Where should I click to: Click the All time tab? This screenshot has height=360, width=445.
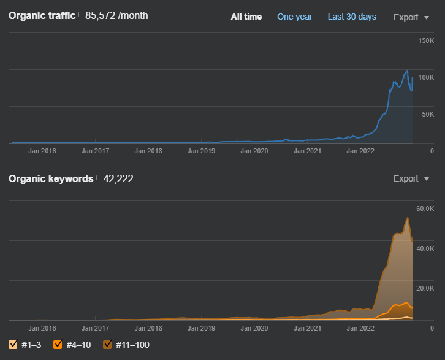(246, 17)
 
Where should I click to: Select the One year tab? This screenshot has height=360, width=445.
(294, 17)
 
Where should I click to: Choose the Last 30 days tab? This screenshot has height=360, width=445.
(352, 17)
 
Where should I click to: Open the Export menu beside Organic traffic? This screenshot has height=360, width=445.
(411, 17)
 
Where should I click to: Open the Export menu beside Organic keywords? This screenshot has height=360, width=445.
(411, 178)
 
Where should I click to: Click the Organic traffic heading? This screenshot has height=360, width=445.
(42, 15)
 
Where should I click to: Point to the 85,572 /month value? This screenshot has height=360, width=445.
(116, 15)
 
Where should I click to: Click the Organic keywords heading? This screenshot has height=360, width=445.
(51, 178)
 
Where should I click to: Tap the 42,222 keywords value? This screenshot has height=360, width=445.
(118, 178)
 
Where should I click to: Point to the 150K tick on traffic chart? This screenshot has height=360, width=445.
(425, 40)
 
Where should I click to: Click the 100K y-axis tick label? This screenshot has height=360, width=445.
(425, 77)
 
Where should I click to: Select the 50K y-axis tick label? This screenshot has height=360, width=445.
(427, 114)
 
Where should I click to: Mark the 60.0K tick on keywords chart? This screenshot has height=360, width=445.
(425, 209)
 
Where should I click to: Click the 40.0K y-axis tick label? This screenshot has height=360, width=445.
(425, 248)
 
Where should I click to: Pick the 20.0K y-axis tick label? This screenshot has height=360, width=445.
(425, 288)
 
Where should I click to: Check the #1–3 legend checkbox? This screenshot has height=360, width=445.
(13, 345)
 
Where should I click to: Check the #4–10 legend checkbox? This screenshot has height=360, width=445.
(58, 345)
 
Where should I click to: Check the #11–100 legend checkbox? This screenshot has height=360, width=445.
(107, 345)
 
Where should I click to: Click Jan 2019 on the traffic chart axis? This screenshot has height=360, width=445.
(201, 150)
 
